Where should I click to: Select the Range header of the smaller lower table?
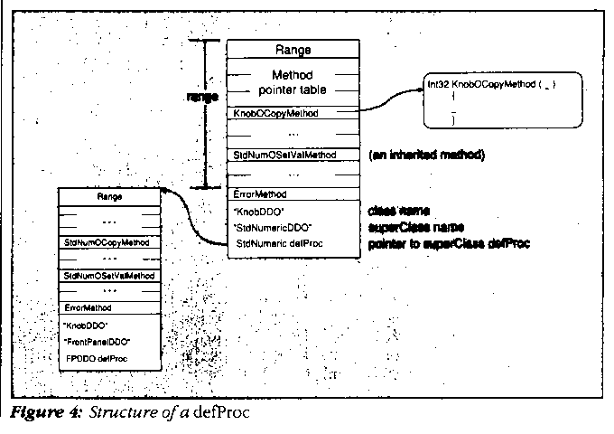(x=110, y=195)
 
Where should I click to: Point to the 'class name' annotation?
(x=399, y=210)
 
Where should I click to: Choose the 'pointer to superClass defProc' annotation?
(x=448, y=243)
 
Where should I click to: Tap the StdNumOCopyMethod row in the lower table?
(x=107, y=243)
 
